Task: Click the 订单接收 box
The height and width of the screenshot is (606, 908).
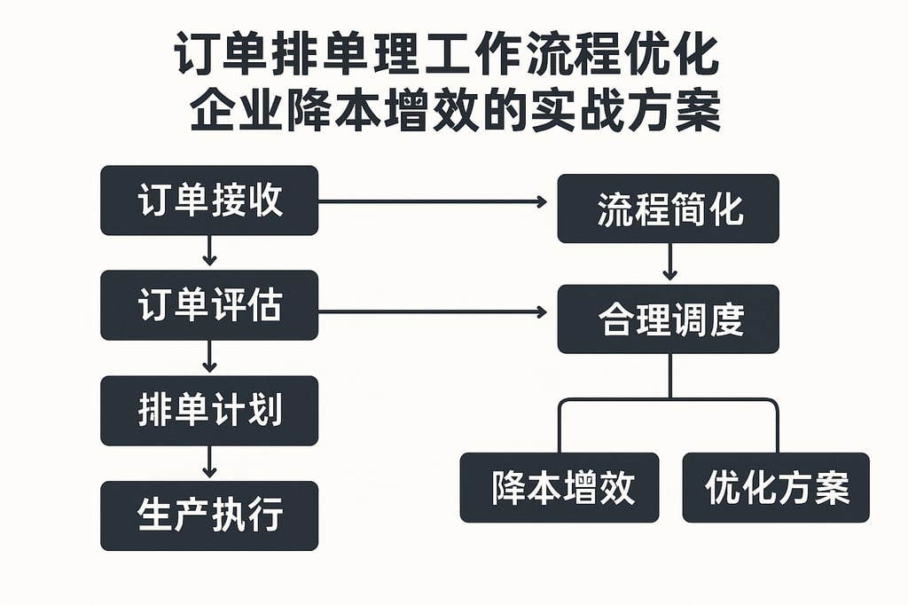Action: pos(209,201)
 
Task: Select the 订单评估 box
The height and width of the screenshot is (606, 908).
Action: pos(209,306)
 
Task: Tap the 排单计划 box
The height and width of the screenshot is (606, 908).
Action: pos(209,411)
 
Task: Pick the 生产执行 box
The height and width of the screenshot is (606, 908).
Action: pos(209,515)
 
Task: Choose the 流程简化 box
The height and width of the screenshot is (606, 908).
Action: pos(668,209)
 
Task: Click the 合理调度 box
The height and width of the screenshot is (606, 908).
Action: pos(668,319)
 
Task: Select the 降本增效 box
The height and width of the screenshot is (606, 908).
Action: pos(560,487)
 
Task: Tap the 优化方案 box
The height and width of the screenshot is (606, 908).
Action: pos(776,487)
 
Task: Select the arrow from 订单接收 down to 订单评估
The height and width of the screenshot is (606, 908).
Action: pos(209,252)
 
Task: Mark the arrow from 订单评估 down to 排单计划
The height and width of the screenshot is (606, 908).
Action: pos(209,357)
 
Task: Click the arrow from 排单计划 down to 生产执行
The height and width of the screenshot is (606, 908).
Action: pos(209,462)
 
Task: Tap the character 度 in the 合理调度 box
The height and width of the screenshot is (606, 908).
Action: pos(724,319)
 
